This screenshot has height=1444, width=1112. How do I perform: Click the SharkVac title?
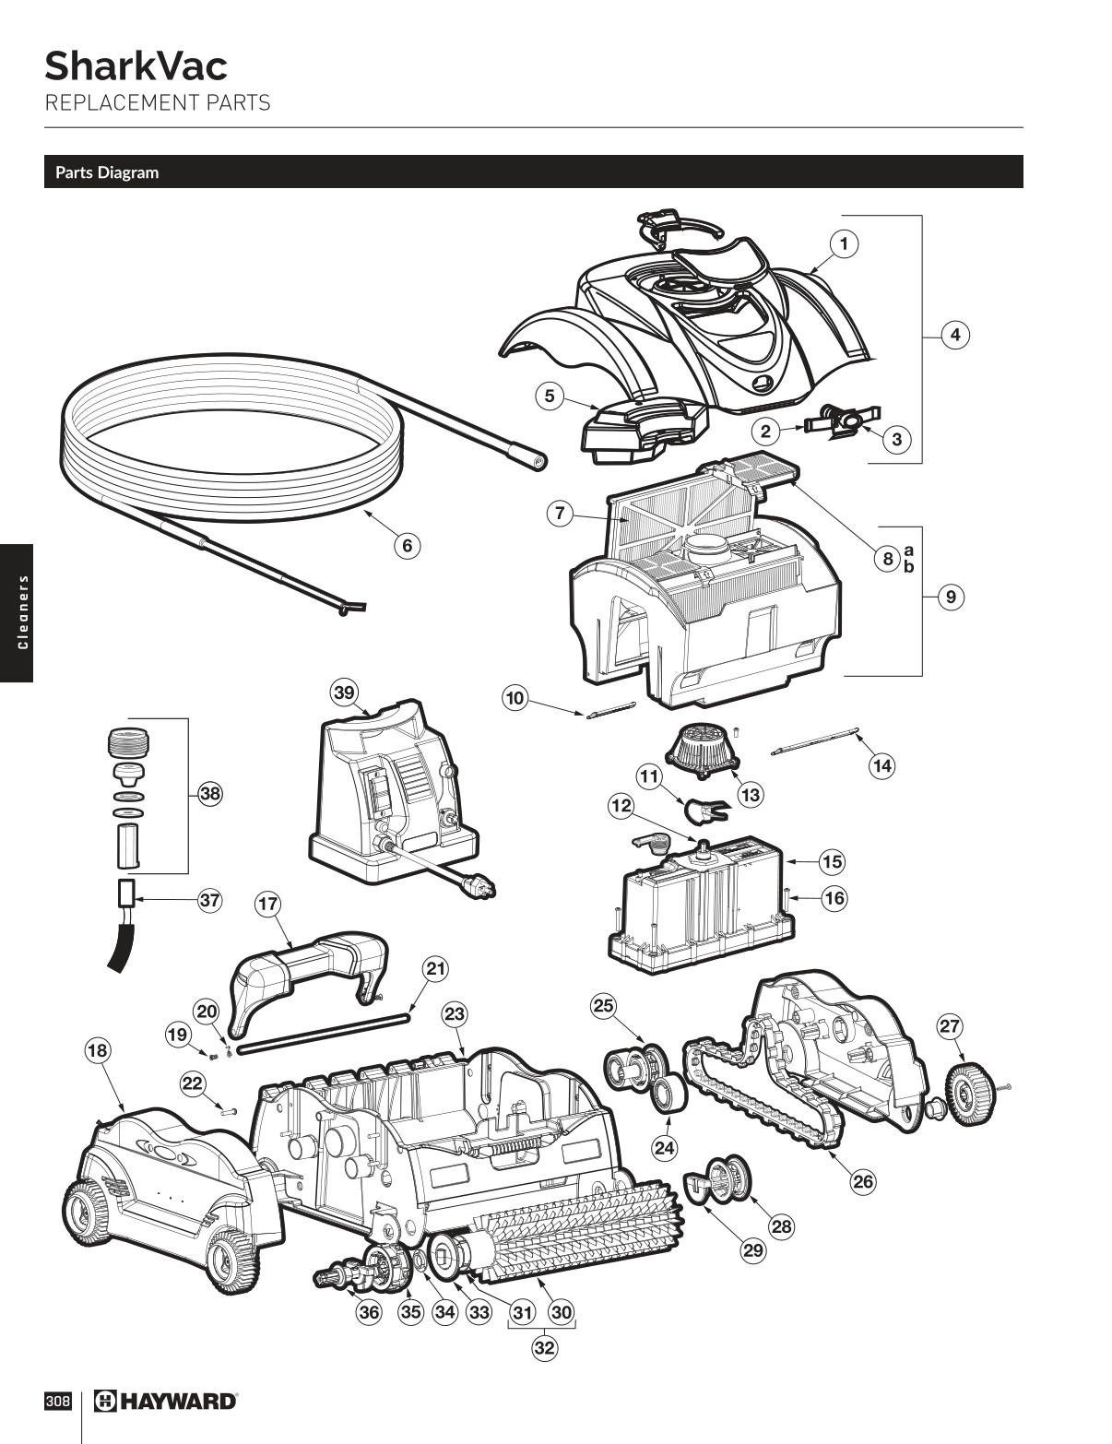[136, 66]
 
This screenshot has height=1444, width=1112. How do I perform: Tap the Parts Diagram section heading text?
[107, 172]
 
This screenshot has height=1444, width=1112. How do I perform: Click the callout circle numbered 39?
[345, 692]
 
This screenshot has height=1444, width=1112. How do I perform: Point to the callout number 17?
[267, 904]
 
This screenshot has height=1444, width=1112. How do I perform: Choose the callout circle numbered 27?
[950, 1025]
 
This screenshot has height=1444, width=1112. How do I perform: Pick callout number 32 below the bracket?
[545, 1347]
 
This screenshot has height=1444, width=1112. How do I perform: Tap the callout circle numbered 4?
[955, 334]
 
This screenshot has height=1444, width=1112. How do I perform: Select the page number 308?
[57, 1401]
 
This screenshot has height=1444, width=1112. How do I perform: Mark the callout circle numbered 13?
[751, 794]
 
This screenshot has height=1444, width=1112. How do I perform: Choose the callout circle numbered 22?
[192, 1083]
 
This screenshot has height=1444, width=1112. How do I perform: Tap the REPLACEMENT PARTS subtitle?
[158, 102]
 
